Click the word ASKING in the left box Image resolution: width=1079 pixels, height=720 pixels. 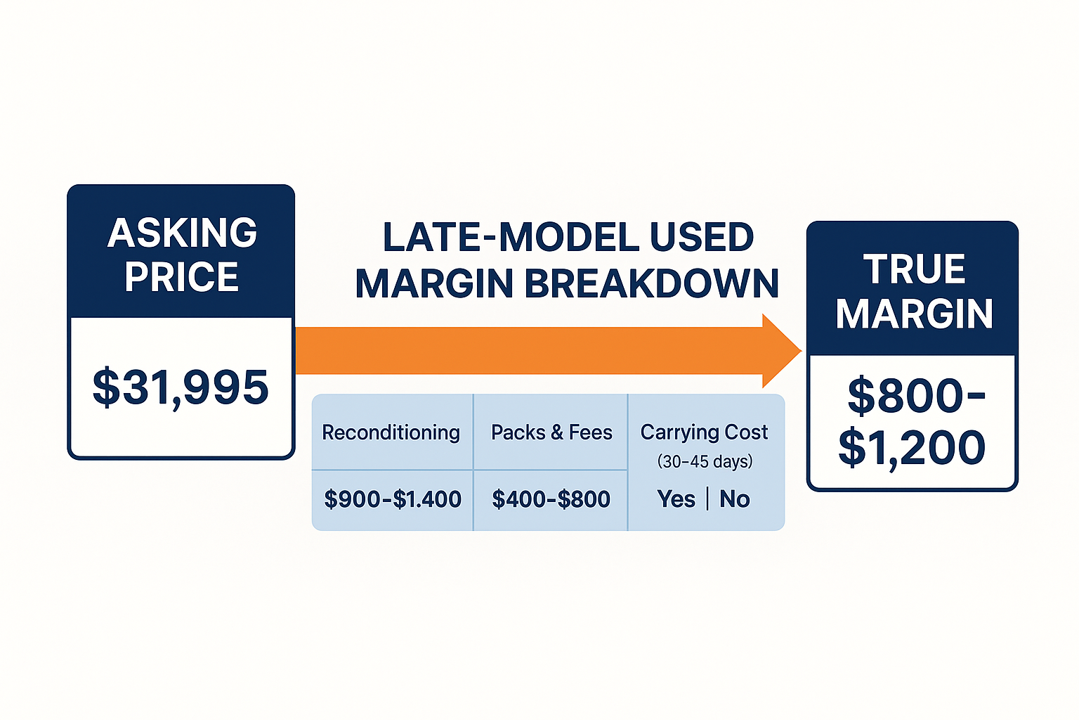coord(182,233)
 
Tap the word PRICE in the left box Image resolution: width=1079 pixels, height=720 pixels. coord(182,277)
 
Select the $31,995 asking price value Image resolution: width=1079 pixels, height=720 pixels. coord(181,387)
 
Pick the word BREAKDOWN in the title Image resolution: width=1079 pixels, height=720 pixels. coord(651,284)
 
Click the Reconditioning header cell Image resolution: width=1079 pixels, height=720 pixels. coord(391,432)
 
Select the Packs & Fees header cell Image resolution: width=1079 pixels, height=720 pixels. coord(551,432)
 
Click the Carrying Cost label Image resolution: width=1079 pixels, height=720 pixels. coord(705,432)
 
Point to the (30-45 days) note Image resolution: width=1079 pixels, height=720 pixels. coord(705,461)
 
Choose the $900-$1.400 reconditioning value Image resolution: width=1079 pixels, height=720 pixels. coord(393,499)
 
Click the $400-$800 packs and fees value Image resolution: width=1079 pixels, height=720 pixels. coord(551,499)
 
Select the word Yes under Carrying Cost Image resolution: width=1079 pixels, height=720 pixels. coord(676,499)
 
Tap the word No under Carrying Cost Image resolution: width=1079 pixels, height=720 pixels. coord(735,499)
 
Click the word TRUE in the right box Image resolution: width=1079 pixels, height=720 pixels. coord(914,269)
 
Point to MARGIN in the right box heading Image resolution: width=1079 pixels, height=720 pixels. coord(914,314)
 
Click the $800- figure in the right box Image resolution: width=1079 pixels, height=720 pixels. coord(916,396)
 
